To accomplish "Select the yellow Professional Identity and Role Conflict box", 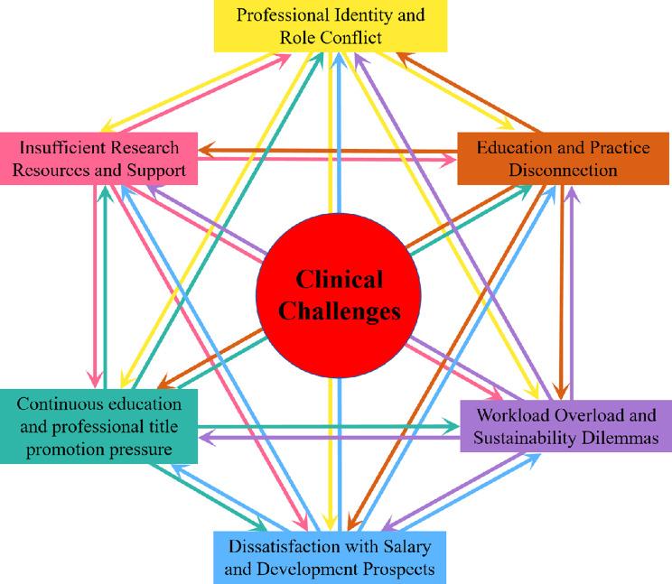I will tap(330, 26).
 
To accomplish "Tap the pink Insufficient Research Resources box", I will tap(99, 158).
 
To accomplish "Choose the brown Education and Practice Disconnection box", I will tap(561, 157).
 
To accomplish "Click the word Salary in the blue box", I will tap(423, 547).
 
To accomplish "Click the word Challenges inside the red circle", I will tap(338, 311).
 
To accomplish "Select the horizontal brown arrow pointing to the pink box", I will tap(325, 150).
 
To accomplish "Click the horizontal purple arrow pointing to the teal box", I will tap(325, 438).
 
